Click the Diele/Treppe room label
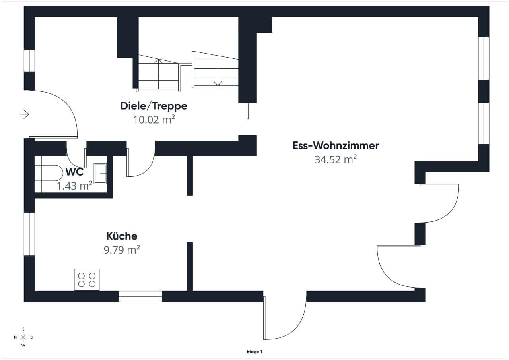[154, 106]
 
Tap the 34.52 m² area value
[336, 159]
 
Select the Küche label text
[122, 236]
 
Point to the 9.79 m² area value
[122, 250]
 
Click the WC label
[74, 172]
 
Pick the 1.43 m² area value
[74, 186]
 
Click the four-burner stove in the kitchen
[87, 280]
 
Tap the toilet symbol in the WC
[49, 173]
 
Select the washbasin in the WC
[100, 173]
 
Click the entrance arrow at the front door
[24, 114]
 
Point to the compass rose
[23, 337]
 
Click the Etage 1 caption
[254, 352]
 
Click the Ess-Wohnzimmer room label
[336, 145]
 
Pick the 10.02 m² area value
[154, 120]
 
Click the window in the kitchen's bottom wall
[140, 296]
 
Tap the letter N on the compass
[15, 337]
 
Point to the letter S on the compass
[31, 337]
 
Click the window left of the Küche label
[29, 234]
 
